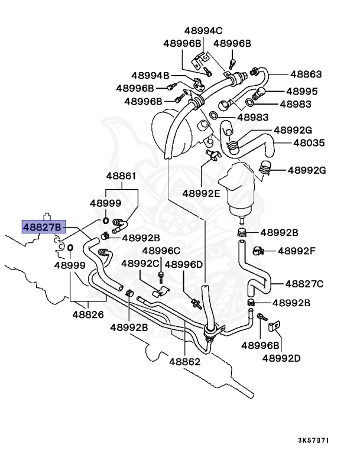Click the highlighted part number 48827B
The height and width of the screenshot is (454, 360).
tap(42, 227)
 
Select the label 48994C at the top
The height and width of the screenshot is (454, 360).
tap(202, 31)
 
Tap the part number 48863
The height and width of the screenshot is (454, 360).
tap(306, 74)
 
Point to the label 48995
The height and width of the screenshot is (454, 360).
tap(302, 92)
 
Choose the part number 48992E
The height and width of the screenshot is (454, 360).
tap(200, 193)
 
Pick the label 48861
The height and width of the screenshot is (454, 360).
tap(121, 176)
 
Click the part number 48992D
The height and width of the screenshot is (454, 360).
tap(281, 358)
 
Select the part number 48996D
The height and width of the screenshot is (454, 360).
tap(184, 264)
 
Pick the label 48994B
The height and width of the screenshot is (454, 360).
tap(151, 76)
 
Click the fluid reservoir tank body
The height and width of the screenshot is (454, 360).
tap(239, 188)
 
